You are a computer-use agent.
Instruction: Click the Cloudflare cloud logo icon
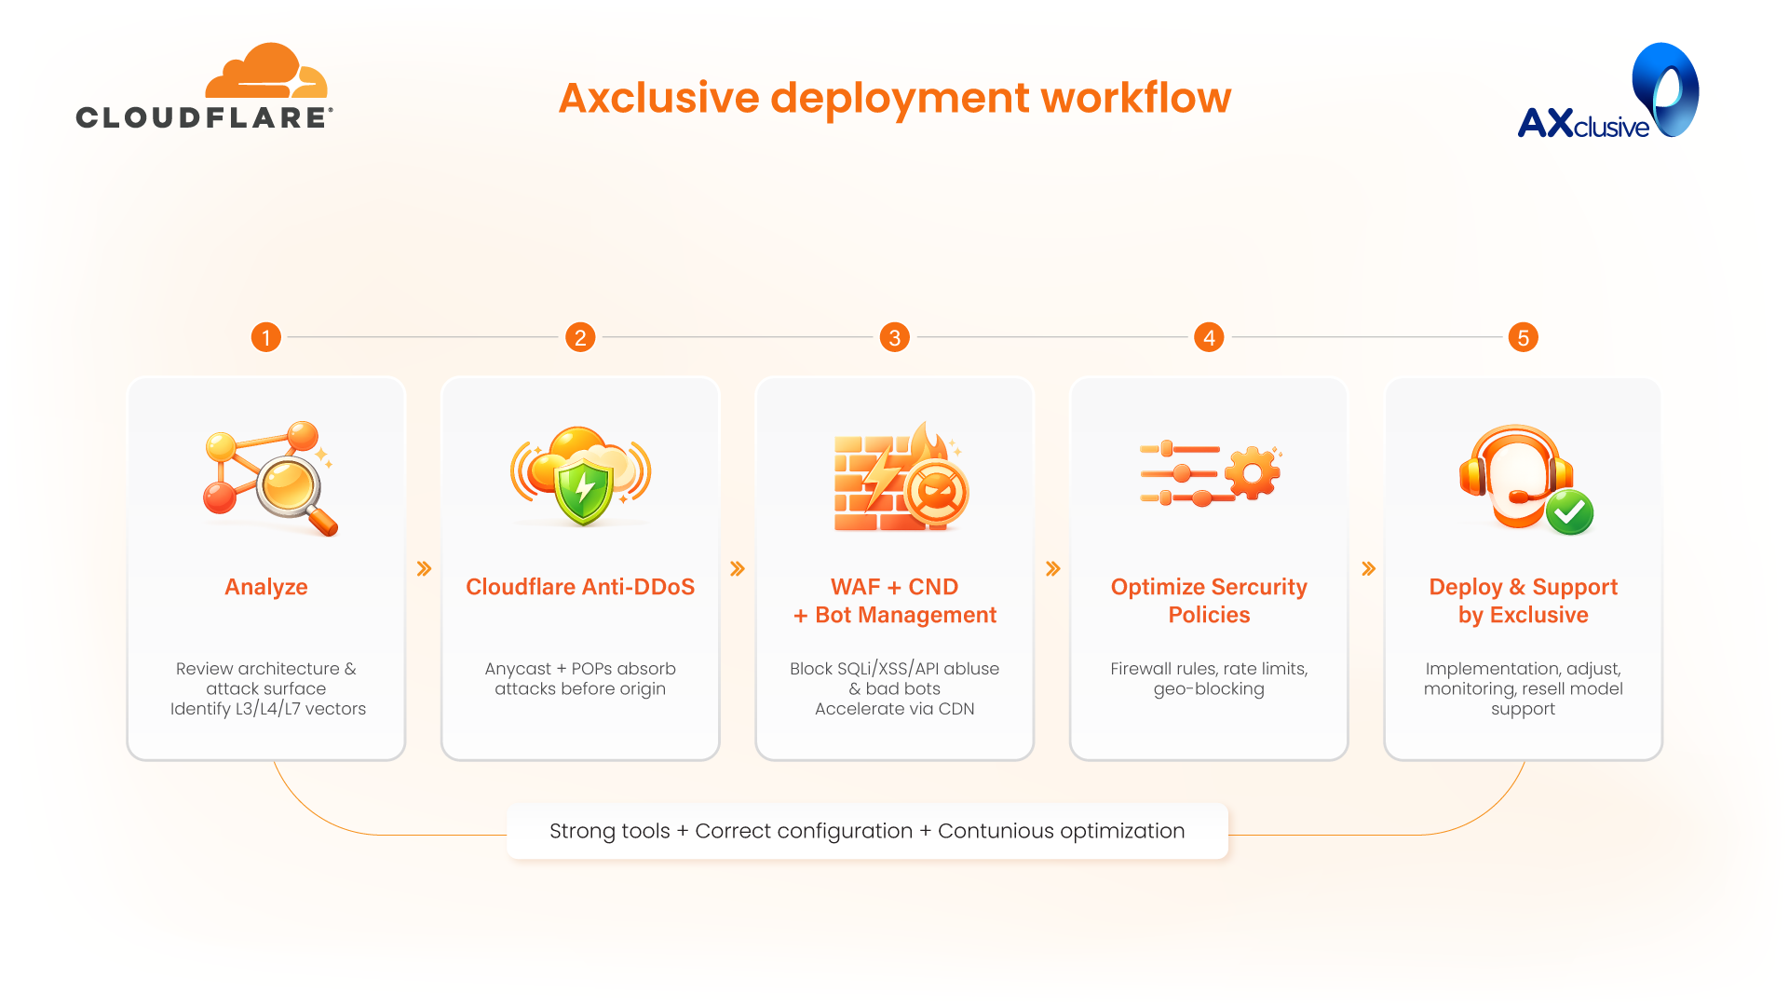[266, 71]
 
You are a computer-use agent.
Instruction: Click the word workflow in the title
[1135, 98]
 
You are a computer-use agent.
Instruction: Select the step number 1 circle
[266, 337]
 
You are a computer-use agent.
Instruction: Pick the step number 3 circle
[894, 337]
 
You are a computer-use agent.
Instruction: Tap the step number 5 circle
[1523, 337]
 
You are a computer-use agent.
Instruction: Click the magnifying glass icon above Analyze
[294, 491]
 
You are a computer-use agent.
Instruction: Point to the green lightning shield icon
[583, 489]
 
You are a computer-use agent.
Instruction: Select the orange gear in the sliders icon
[1253, 473]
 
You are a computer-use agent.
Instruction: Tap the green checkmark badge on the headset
[1569, 511]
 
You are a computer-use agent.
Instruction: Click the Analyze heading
[266, 587]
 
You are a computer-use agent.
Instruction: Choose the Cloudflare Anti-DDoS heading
[580, 587]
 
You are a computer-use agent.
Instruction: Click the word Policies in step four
[1209, 615]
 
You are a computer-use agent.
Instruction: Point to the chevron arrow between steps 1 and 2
[424, 568]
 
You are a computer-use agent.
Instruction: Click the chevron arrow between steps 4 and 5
[1368, 568]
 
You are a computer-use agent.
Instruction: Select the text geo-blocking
[1209, 689]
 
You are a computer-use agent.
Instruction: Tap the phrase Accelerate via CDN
[894, 709]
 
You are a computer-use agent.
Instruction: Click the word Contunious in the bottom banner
[995, 831]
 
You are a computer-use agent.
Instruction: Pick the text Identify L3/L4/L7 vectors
[268, 709]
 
